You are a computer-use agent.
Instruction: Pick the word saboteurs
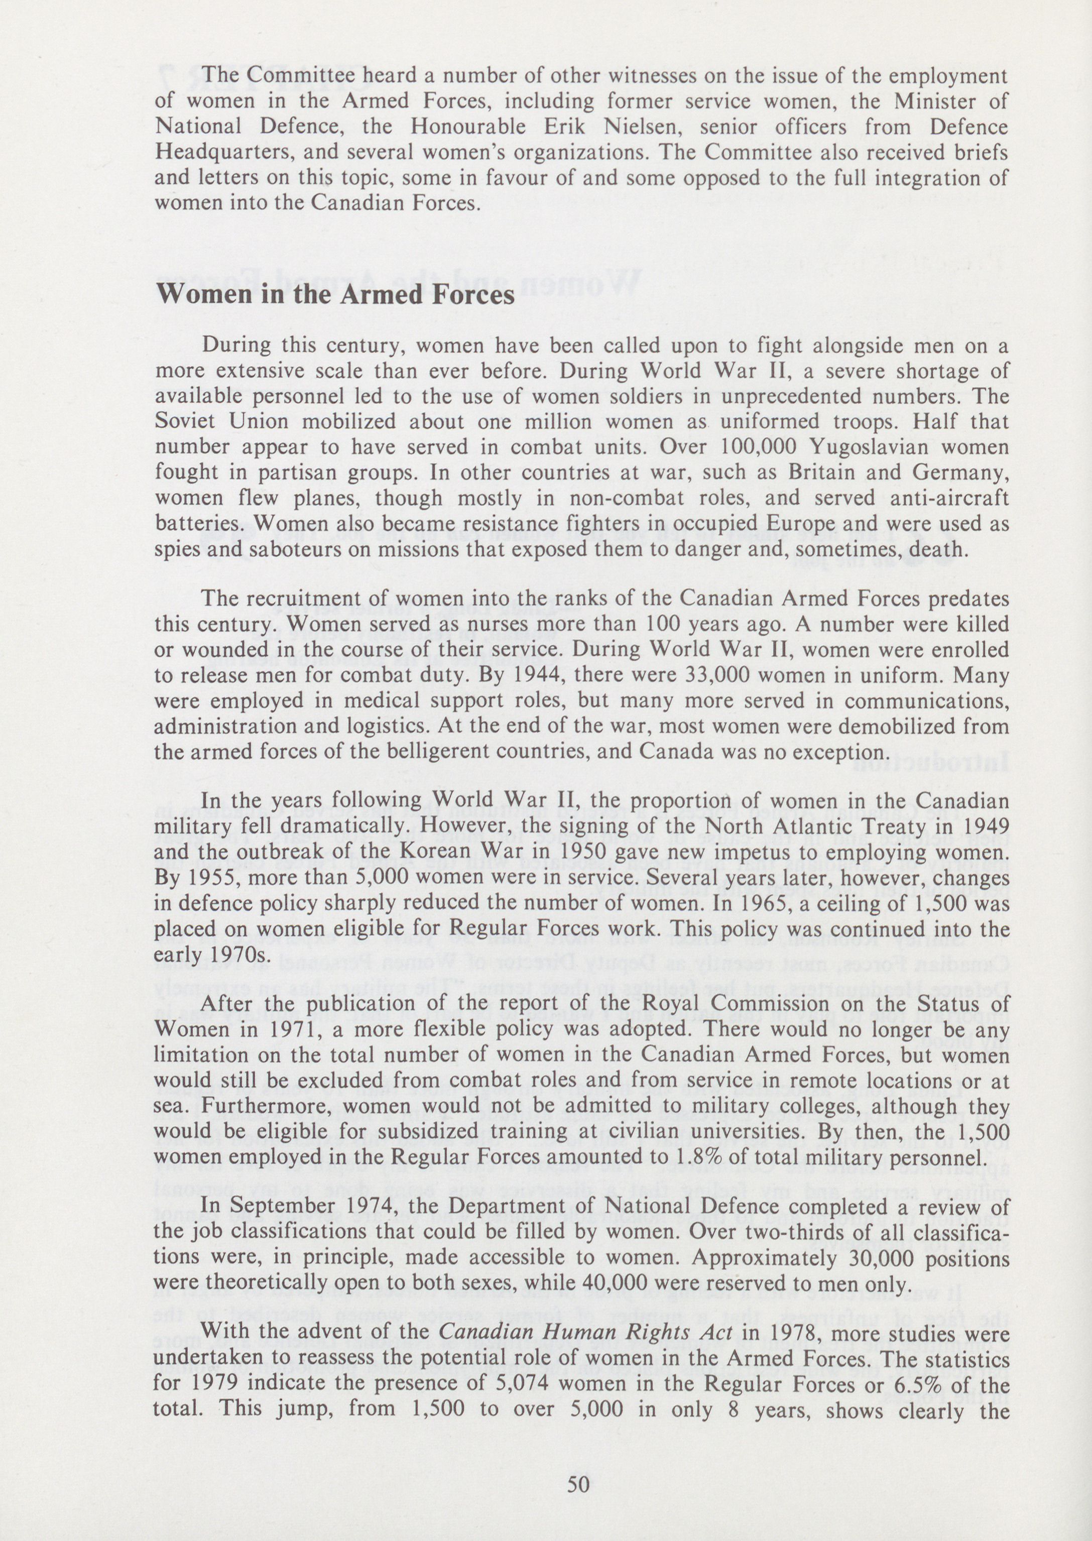click(268, 550)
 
